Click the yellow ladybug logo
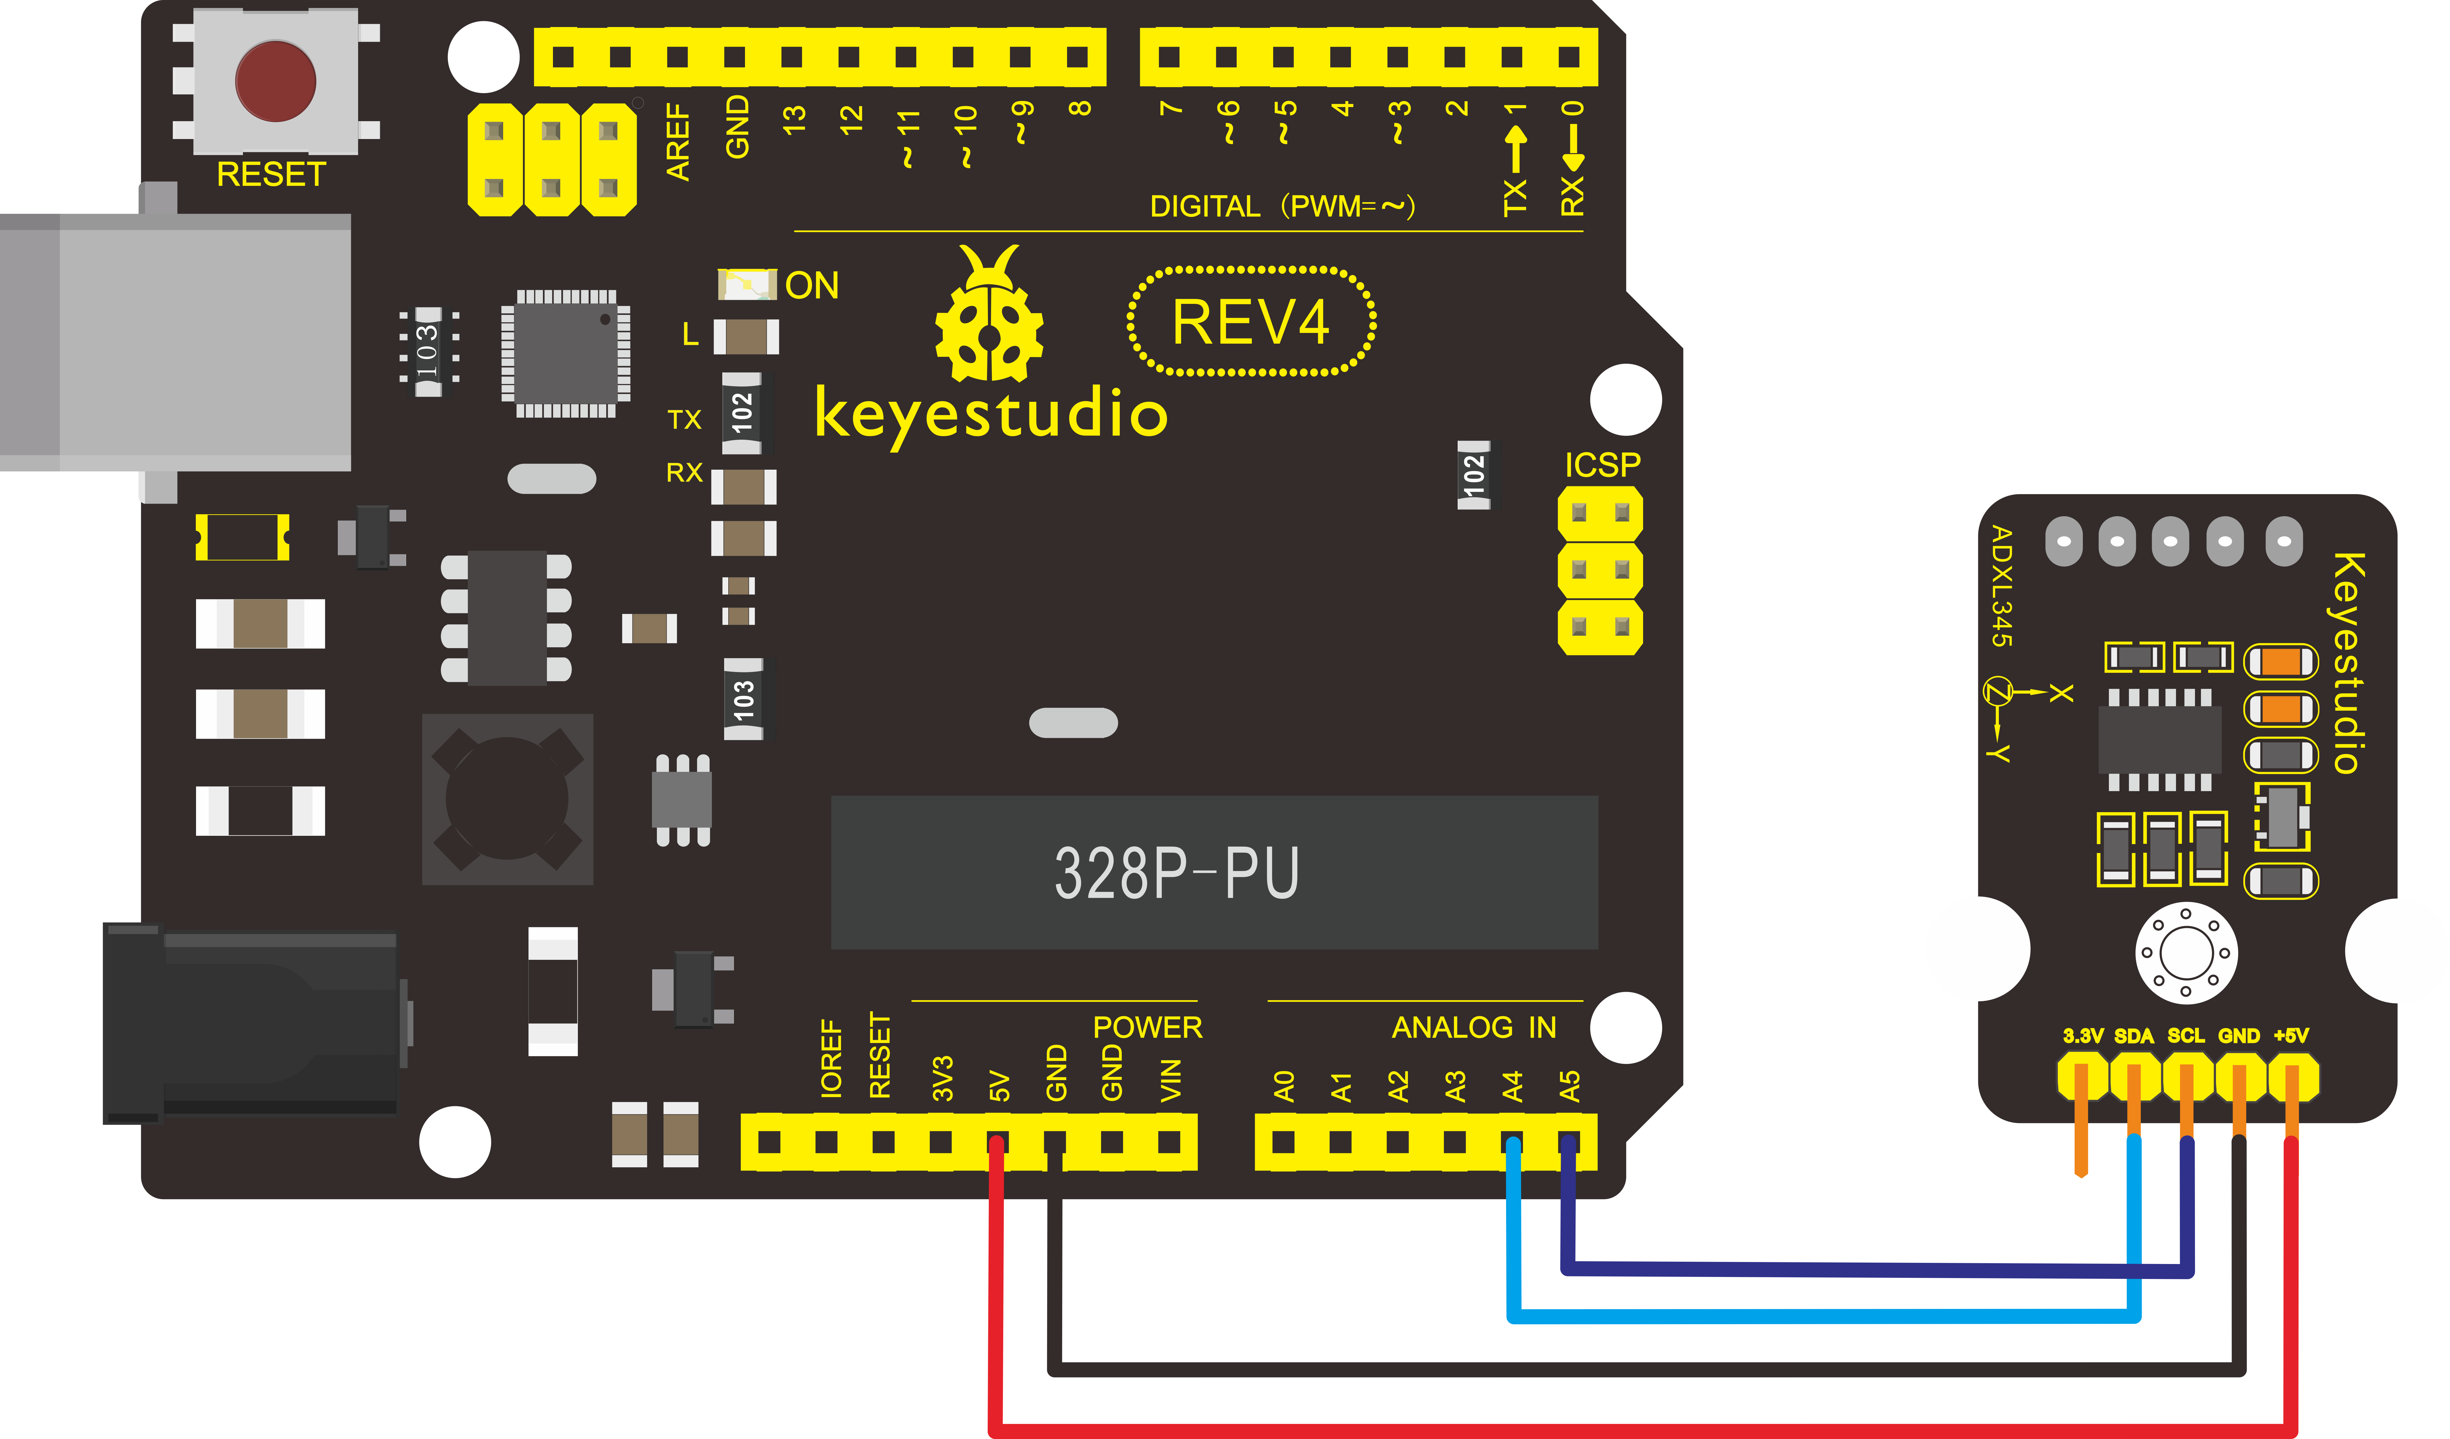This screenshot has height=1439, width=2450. coord(990,313)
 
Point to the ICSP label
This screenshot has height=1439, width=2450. coord(1602,465)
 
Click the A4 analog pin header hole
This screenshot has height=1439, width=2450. coord(1512,1141)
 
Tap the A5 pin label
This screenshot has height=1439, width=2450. coord(1569,1086)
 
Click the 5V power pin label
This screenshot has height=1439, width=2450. coord(999,1086)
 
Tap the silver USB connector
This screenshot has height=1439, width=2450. coord(175,342)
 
